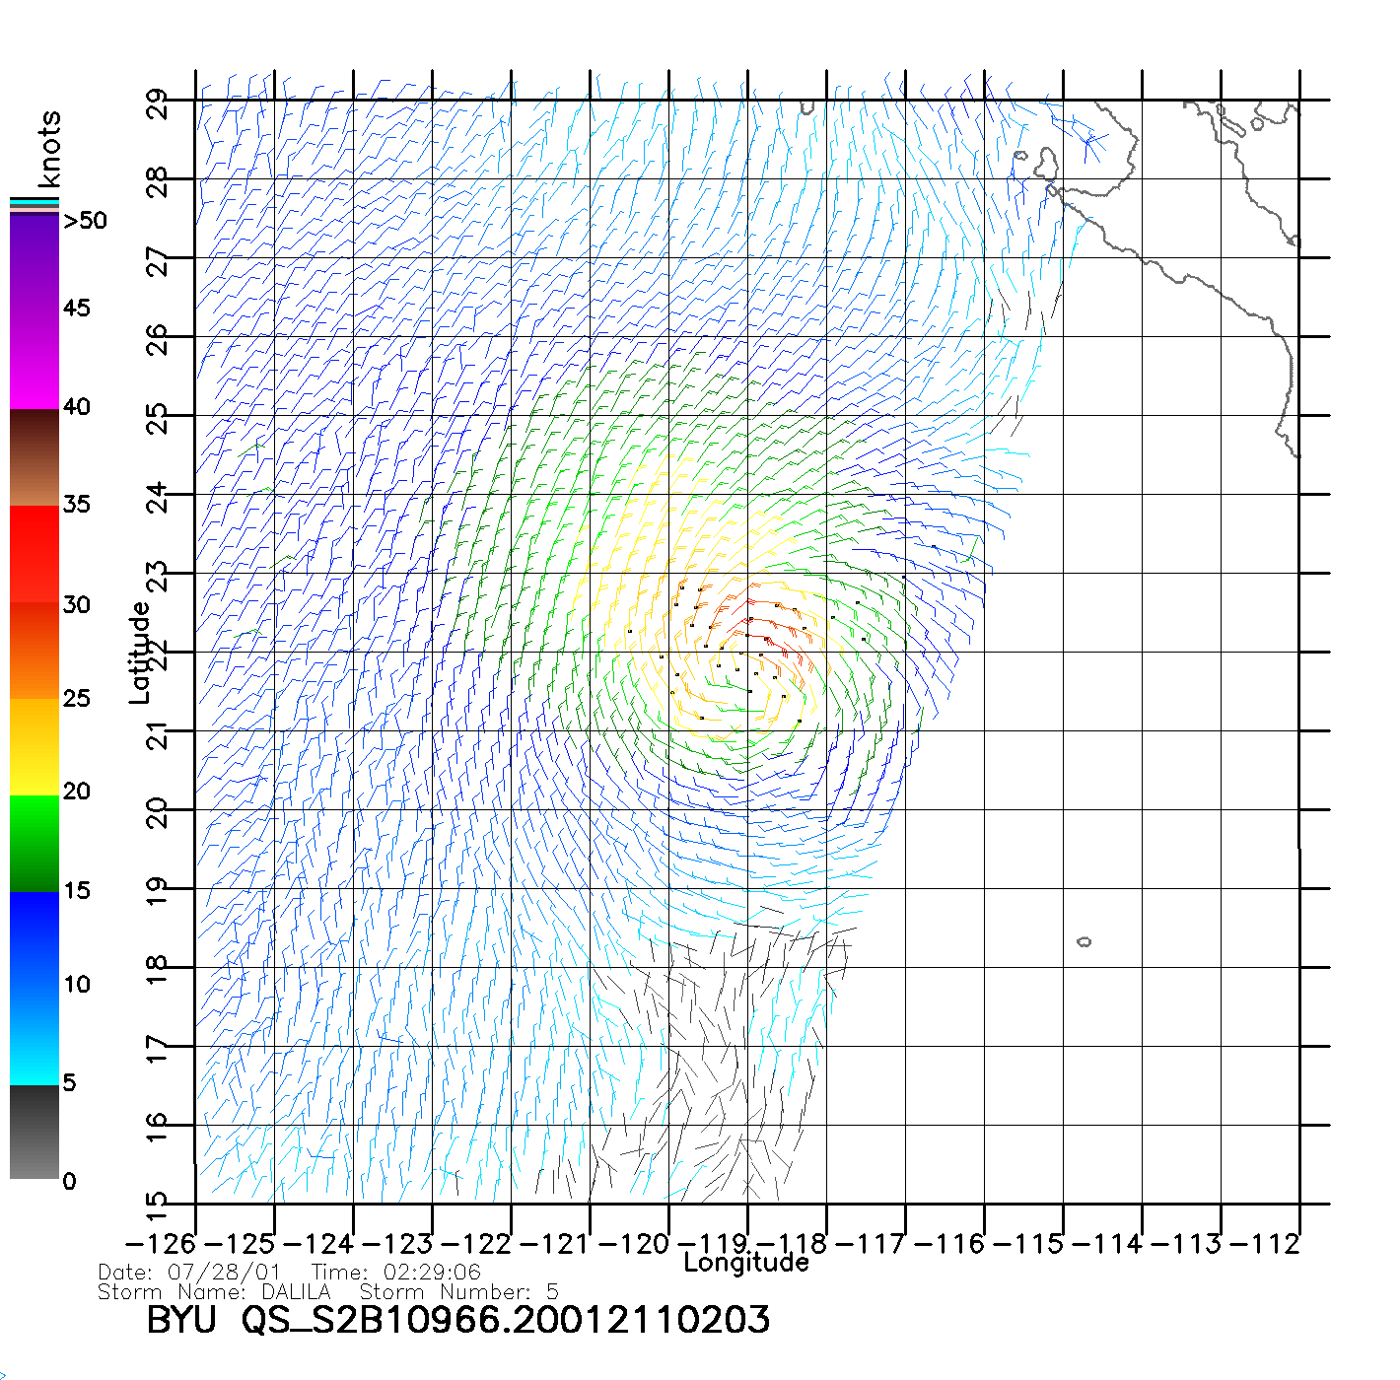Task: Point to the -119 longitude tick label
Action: pyautogui.click(x=714, y=1244)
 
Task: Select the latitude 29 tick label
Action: pyautogui.click(x=158, y=103)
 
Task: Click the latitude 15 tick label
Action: pyautogui.click(x=158, y=1202)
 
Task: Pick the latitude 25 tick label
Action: pyautogui.click(x=158, y=418)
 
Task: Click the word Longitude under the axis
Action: pyautogui.click(x=745, y=1263)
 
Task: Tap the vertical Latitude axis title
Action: pyautogui.click(x=140, y=652)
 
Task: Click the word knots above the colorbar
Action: pyautogui.click(x=49, y=149)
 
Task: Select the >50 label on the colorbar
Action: pyautogui.click(x=85, y=221)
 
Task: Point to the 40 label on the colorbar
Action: pyautogui.click(x=76, y=406)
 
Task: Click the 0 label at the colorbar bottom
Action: pyautogui.click(x=69, y=1181)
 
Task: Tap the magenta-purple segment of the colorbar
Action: pyautogui.click(x=35, y=310)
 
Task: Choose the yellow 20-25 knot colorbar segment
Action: pyautogui.click(x=35, y=746)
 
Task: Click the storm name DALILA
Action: pyautogui.click(x=296, y=1292)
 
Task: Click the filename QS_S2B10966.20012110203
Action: pyautogui.click(x=506, y=1320)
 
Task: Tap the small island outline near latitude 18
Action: pyautogui.click(x=1084, y=941)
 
